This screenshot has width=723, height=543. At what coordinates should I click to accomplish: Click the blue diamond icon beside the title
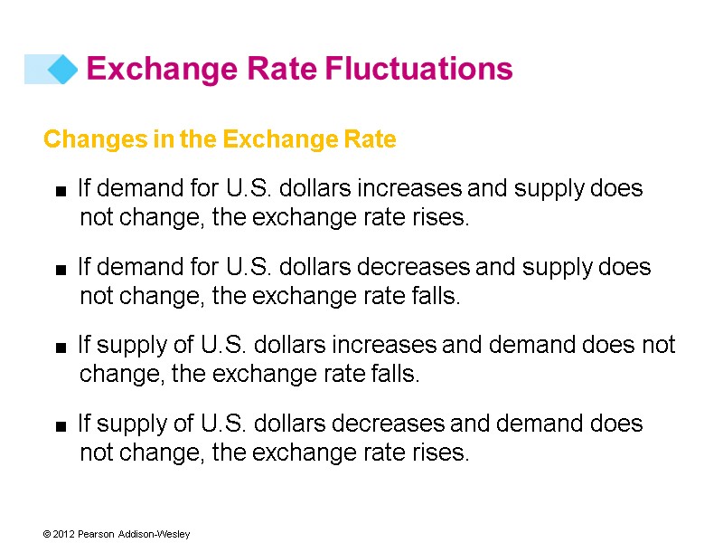click(x=62, y=69)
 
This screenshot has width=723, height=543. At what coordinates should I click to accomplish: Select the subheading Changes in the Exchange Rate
click(x=220, y=140)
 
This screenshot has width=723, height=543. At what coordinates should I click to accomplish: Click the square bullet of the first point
click(x=61, y=191)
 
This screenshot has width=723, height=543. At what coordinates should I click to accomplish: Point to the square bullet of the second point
click(x=61, y=269)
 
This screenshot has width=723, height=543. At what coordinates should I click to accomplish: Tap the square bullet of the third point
click(x=61, y=347)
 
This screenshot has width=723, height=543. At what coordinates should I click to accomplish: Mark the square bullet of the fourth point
click(x=61, y=425)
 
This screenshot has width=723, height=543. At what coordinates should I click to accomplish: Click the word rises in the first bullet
click(x=445, y=218)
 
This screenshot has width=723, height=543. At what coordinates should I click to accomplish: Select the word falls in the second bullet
click(x=438, y=296)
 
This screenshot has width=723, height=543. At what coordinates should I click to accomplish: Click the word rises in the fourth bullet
click(x=445, y=452)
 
